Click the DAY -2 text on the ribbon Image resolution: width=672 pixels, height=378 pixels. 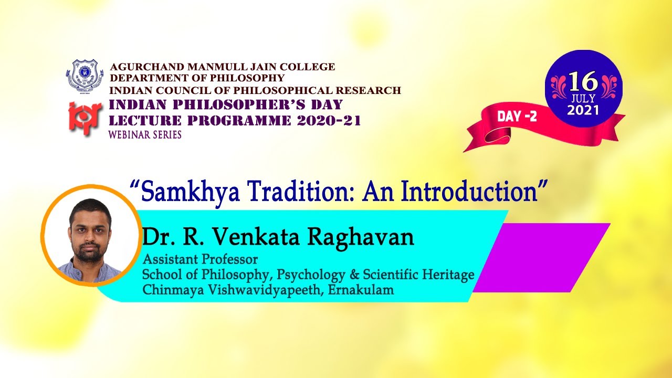tap(517, 117)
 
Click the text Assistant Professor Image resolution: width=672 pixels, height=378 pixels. tap(200, 259)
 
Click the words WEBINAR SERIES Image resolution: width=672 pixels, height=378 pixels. tap(144, 135)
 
